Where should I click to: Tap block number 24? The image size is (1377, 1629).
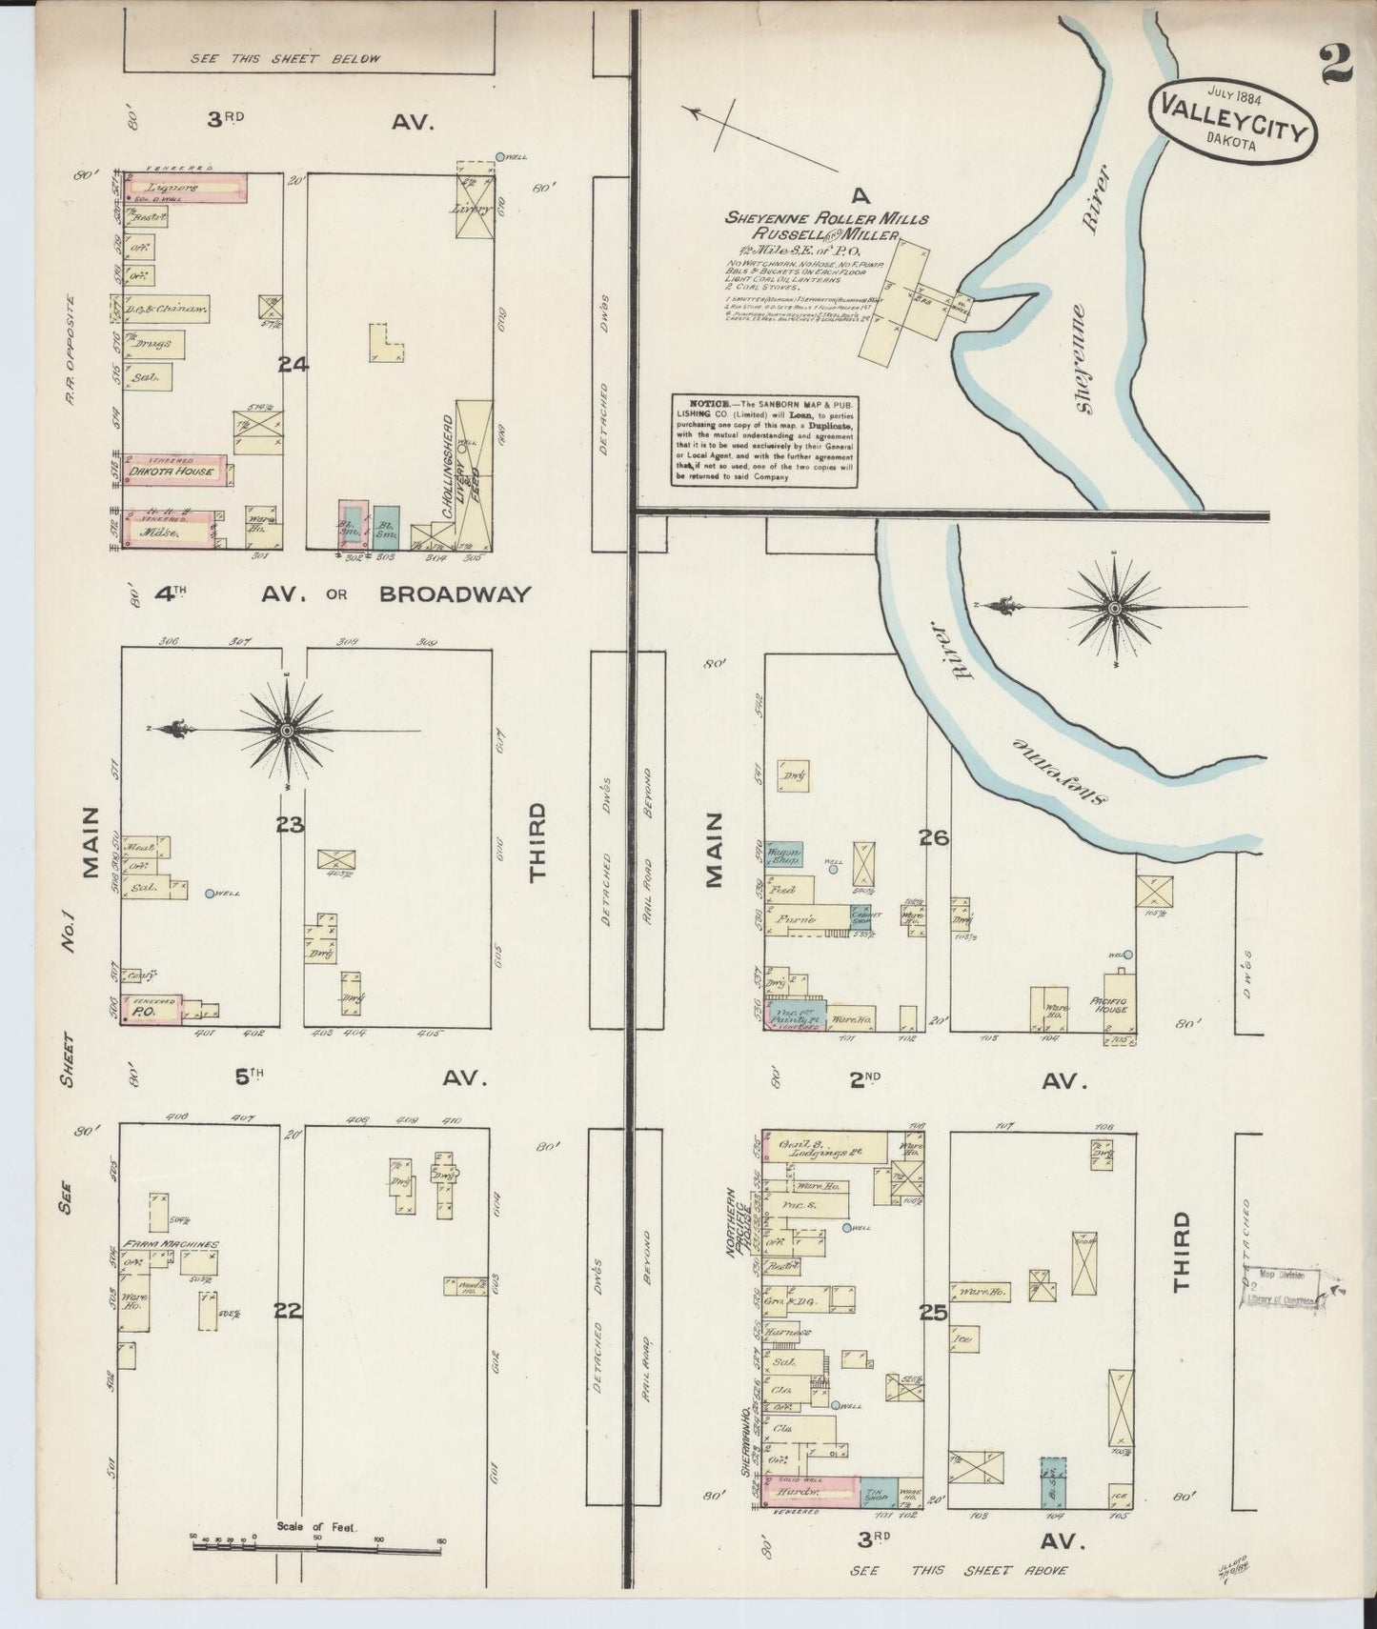tap(291, 363)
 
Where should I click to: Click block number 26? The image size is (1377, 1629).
tap(933, 837)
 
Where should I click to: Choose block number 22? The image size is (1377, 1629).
tap(288, 1311)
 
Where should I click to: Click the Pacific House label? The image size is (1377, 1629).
tap(1114, 1005)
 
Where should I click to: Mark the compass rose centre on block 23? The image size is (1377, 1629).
tap(286, 730)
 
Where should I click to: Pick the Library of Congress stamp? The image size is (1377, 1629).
tap(1283, 1290)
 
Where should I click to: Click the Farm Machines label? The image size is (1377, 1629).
tap(169, 1244)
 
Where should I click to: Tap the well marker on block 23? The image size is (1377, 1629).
tap(210, 894)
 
